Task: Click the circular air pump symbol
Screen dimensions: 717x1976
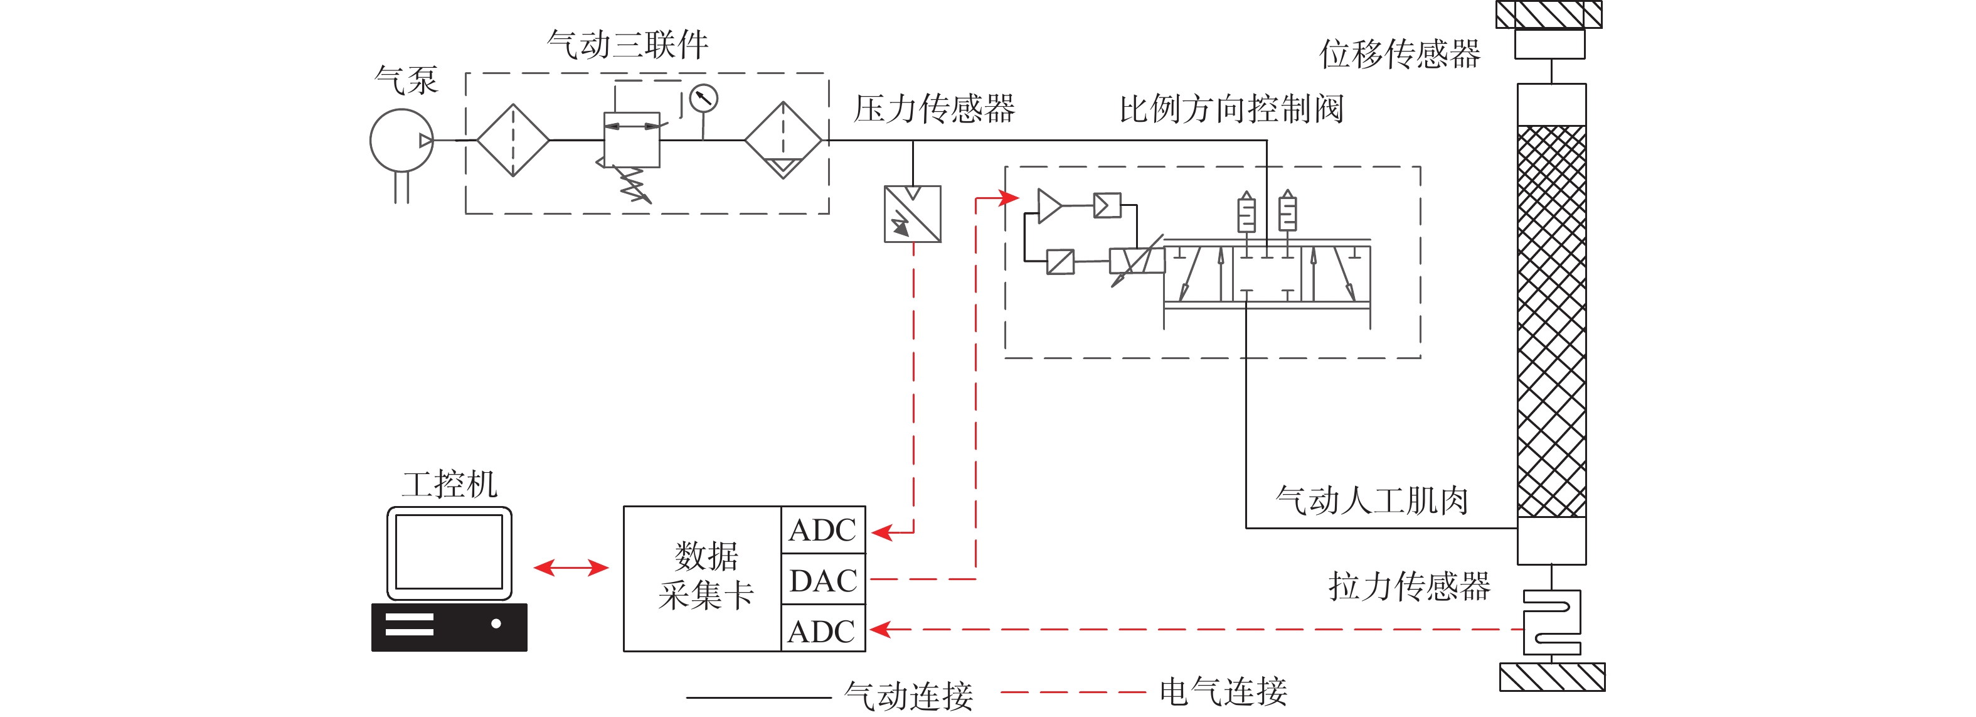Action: (x=401, y=141)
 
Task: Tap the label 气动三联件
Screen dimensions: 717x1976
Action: (x=627, y=45)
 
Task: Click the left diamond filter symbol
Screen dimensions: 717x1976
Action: (x=513, y=141)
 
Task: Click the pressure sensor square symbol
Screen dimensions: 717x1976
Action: (x=912, y=214)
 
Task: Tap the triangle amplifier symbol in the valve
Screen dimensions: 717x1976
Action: (x=1048, y=206)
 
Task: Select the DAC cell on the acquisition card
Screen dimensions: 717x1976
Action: (x=823, y=580)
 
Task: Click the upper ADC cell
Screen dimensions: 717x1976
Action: (x=823, y=530)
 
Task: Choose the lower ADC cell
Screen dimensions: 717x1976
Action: (x=823, y=631)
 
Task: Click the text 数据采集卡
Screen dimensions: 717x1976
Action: (x=706, y=576)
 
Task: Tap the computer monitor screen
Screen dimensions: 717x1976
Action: (x=449, y=552)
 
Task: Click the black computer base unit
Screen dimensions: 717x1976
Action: (x=449, y=627)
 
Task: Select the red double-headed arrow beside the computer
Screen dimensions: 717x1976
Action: (x=571, y=568)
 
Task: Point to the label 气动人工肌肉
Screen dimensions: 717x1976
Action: (x=1371, y=500)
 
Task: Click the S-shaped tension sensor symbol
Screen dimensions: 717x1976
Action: (x=1551, y=621)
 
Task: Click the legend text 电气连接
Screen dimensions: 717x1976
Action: (x=1223, y=692)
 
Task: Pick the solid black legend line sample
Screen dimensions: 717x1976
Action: (x=758, y=698)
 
